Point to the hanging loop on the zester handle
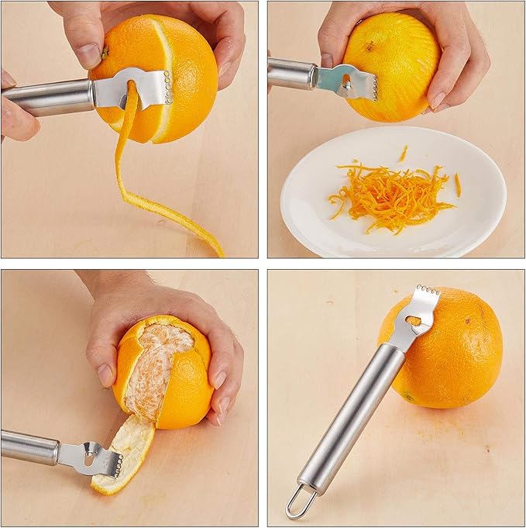(300, 502)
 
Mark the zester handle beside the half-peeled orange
(29, 447)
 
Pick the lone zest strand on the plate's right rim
(458, 184)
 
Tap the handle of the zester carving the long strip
(46, 98)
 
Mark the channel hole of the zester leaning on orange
(415, 319)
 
